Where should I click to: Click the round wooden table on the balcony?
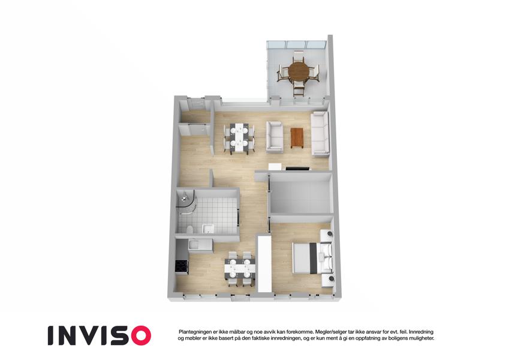(x=299, y=71)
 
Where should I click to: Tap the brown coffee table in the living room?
(x=297, y=138)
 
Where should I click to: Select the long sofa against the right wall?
(x=320, y=134)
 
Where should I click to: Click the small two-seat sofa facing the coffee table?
(x=275, y=137)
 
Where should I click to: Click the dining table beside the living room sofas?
(x=240, y=137)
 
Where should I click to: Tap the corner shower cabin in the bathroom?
(x=186, y=203)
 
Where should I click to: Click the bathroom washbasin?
(x=207, y=229)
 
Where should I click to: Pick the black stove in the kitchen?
(x=181, y=268)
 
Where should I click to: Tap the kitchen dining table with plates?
(x=240, y=268)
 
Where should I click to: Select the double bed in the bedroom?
(x=312, y=258)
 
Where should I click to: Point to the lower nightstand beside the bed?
(x=328, y=281)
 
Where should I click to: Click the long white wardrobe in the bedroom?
(x=264, y=264)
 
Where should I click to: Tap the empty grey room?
(x=300, y=197)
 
